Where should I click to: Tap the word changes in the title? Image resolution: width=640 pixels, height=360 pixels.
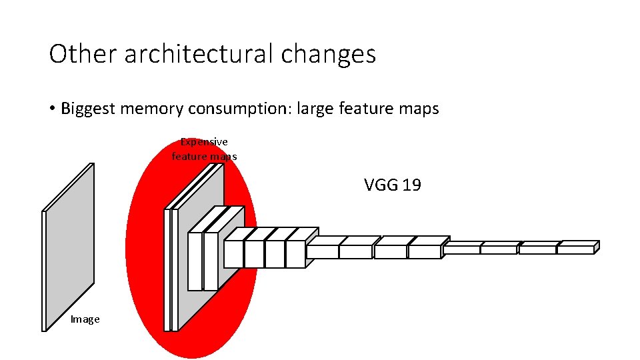[x=328, y=54]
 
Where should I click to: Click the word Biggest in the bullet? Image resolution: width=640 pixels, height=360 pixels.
[x=88, y=109]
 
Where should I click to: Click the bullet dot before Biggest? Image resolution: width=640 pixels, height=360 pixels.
[x=52, y=109]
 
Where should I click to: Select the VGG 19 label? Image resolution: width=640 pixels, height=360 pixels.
[x=392, y=185]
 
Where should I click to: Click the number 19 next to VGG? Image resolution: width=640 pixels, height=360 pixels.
[x=411, y=185]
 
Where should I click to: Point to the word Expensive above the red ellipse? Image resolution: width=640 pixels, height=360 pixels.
[x=204, y=142]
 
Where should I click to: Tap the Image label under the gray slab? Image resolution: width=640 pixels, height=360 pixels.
[x=85, y=319]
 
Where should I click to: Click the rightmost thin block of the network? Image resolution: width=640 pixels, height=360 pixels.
[x=576, y=248]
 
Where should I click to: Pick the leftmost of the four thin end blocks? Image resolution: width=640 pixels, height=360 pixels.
[x=461, y=248]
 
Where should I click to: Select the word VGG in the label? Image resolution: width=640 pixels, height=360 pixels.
[x=381, y=185]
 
